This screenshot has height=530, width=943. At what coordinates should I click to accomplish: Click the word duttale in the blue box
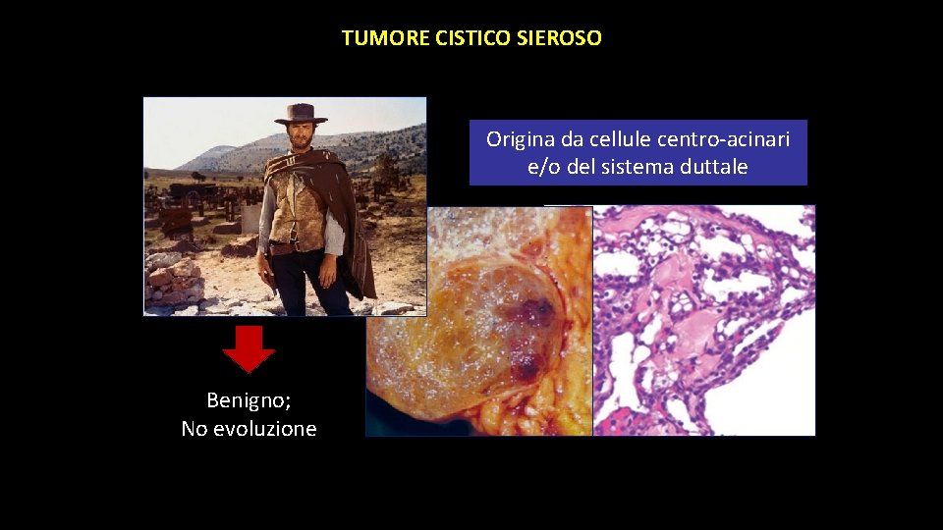click(715, 167)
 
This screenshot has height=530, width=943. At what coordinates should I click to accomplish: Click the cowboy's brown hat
click(301, 114)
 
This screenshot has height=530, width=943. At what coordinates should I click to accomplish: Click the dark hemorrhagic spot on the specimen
click(533, 314)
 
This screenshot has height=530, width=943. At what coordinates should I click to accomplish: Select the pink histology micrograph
click(704, 320)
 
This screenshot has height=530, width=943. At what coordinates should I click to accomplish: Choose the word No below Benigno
click(194, 429)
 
